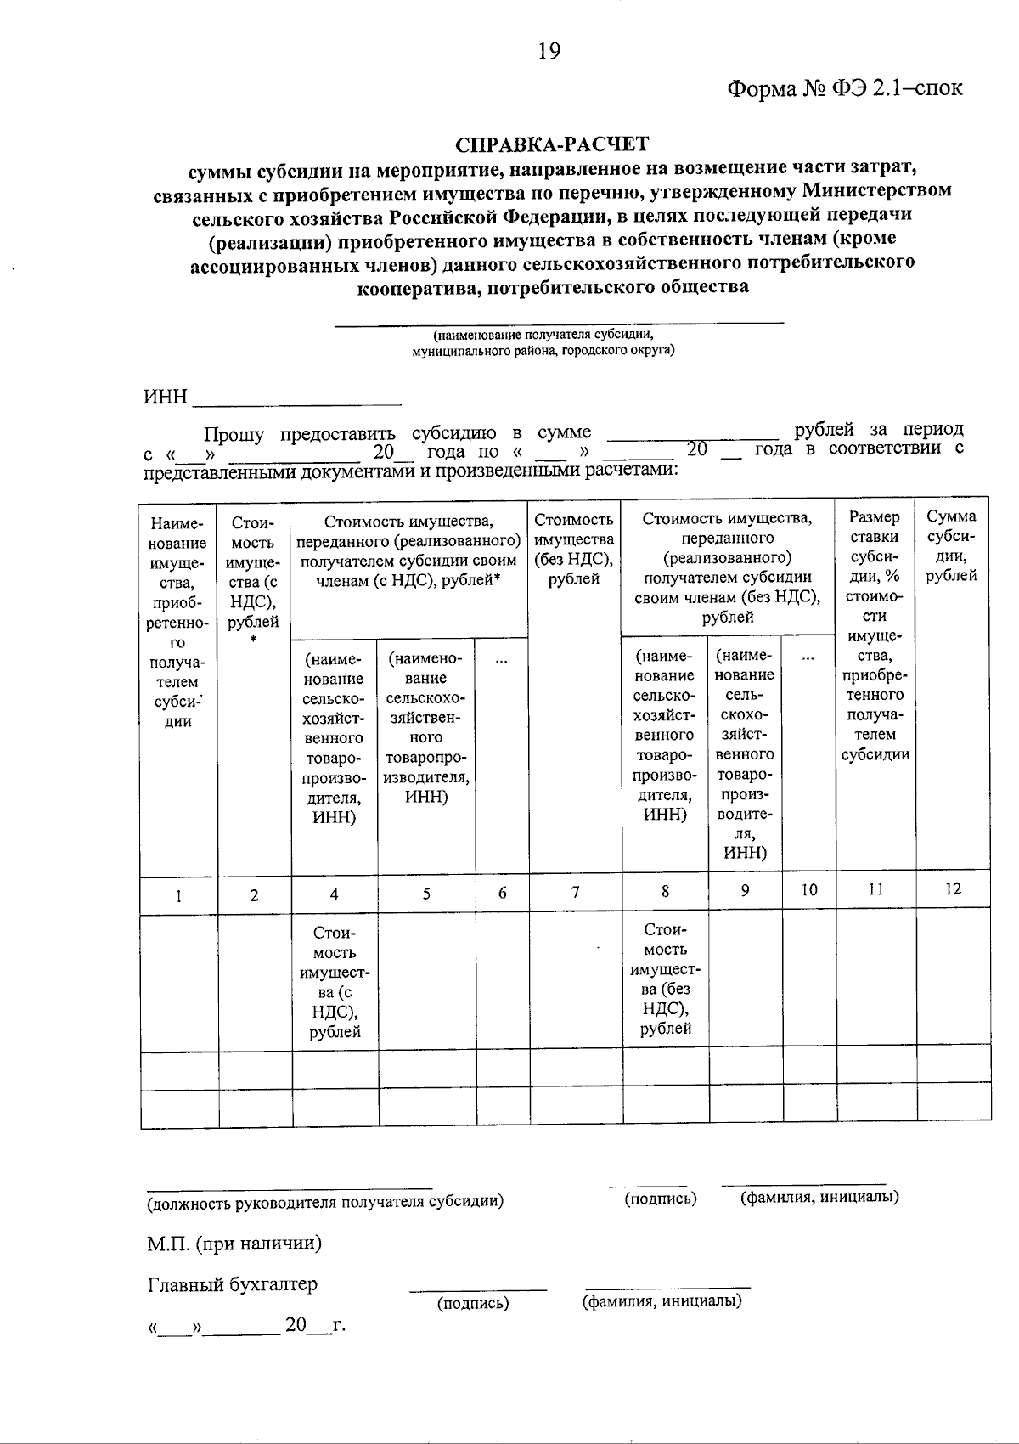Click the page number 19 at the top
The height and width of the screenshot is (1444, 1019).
tap(549, 52)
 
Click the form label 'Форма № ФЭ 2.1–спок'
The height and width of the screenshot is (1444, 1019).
tap(845, 87)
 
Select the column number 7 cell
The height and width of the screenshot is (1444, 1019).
tap(576, 892)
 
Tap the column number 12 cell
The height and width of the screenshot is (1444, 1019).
tap(953, 888)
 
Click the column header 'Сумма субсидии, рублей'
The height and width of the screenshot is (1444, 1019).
tap(952, 545)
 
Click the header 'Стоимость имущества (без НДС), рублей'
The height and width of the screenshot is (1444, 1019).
tap(575, 549)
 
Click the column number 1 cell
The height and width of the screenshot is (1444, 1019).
tap(178, 894)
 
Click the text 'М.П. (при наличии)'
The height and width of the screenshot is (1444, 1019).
tap(234, 1244)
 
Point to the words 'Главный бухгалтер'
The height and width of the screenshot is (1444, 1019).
tap(233, 1283)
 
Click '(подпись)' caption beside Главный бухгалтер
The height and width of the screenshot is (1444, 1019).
tap(473, 1303)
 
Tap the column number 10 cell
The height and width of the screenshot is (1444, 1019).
tap(809, 890)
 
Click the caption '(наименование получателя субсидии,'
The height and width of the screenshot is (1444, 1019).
tap(543, 335)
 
